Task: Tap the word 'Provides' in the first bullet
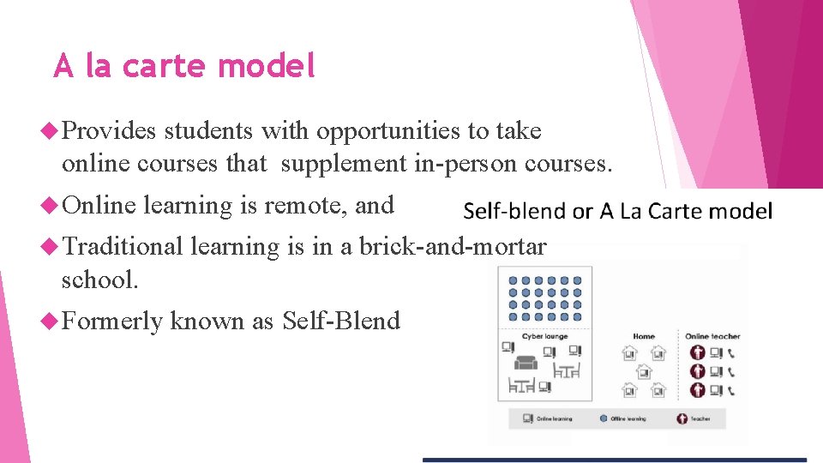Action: (109, 131)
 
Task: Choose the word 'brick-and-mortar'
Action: (453, 247)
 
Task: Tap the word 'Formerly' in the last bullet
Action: (112, 322)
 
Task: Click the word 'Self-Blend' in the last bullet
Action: (341, 322)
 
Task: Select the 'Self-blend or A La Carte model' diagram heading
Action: (617, 211)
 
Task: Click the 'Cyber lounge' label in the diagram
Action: (544, 337)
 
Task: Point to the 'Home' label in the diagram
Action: (644, 337)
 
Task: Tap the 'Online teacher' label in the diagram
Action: (712, 337)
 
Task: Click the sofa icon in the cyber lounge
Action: (526, 362)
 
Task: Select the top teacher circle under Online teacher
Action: (697, 352)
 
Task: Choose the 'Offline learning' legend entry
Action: (628, 418)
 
